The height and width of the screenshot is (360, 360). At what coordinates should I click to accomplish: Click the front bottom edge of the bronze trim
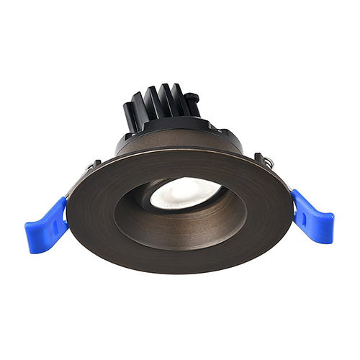[x=180, y=270]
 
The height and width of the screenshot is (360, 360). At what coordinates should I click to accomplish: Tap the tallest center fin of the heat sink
[x=166, y=97]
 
